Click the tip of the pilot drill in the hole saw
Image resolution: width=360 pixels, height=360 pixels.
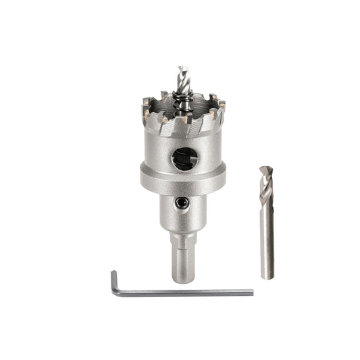pyautogui.click(x=180, y=68)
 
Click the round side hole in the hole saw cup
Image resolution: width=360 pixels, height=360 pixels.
pyautogui.click(x=184, y=159)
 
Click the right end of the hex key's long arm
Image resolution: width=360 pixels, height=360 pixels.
pyautogui.click(x=251, y=292)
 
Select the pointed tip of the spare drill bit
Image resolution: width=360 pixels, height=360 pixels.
pyautogui.click(x=265, y=167)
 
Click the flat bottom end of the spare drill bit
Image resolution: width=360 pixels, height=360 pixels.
pyautogui.click(x=267, y=277)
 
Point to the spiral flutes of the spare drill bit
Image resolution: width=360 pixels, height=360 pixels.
pyautogui.click(x=266, y=189)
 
